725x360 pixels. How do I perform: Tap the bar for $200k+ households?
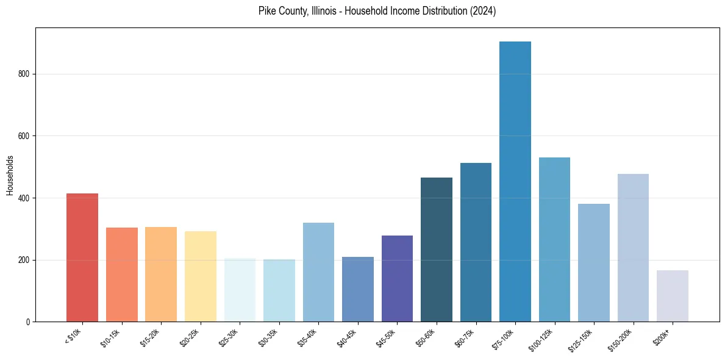673,296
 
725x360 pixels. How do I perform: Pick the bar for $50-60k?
437,250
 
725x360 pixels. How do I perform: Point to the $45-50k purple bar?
397,278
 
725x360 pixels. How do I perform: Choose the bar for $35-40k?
318,272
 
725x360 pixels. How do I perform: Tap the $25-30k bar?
240,290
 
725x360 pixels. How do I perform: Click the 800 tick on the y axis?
24,74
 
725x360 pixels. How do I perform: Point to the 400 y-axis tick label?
24,198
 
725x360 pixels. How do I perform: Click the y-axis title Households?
10,175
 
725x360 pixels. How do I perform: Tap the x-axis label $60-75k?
464,337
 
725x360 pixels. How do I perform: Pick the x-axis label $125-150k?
580,339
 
